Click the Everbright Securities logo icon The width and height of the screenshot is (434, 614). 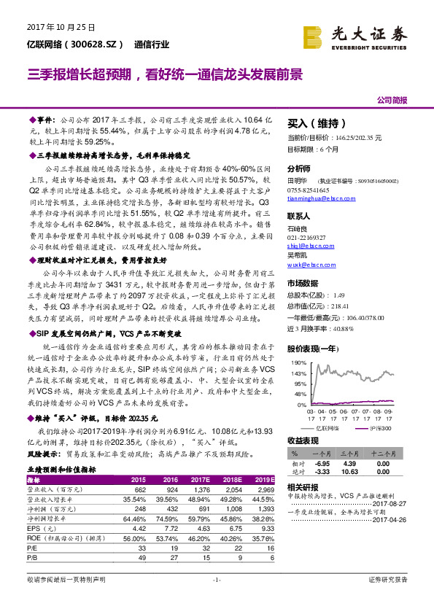tap(312, 35)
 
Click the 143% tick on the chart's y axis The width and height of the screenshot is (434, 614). tap(298, 373)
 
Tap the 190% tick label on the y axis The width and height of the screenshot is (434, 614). tap(298, 362)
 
